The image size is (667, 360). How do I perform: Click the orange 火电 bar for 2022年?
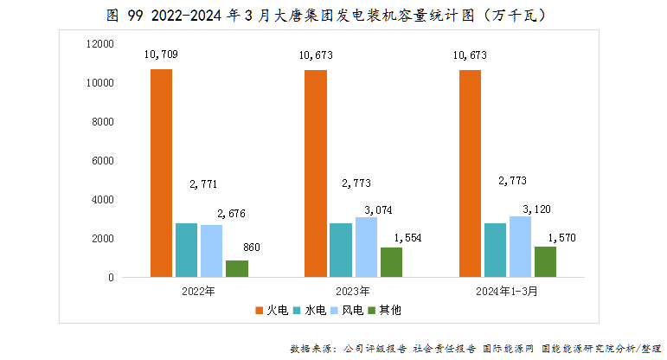pyautogui.click(x=161, y=173)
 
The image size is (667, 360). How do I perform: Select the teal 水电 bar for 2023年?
pyautogui.click(x=341, y=250)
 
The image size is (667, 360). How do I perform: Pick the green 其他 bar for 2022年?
pyautogui.click(x=237, y=268)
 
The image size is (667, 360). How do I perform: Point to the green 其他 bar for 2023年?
pyautogui.click(x=391, y=262)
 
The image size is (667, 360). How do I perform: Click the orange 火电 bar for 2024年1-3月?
pyautogui.click(x=470, y=173)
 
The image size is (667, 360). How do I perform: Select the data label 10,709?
pyautogui.click(x=161, y=55)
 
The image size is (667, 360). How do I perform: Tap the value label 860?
pyautogui.click(x=252, y=248)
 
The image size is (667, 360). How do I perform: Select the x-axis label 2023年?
pyautogui.click(x=353, y=292)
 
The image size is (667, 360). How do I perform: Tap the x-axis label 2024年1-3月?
pyautogui.click(x=507, y=292)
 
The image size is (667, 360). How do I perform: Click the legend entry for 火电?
pyautogui.click(x=271, y=310)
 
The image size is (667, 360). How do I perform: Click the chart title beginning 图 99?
pyautogui.click(x=333, y=16)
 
